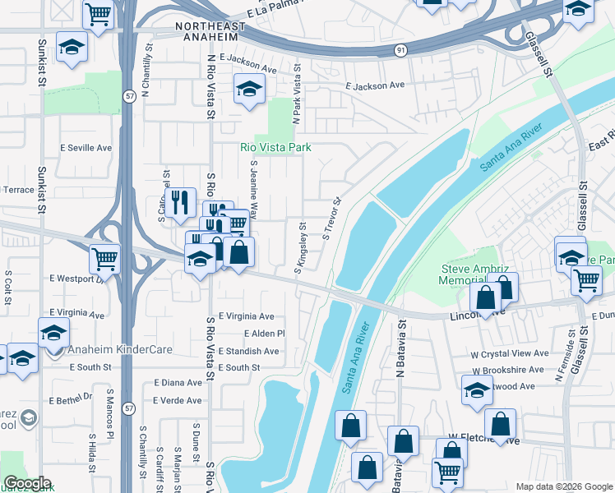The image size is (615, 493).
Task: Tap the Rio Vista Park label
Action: pyautogui.click(x=275, y=148)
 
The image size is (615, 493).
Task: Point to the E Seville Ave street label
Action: pyautogui.click(x=86, y=148)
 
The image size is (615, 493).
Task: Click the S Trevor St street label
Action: pyautogui.click(x=331, y=219)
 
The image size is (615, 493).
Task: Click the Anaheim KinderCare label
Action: pyautogui.click(x=120, y=349)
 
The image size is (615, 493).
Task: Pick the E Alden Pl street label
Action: pyautogui.click(x=264, y=334)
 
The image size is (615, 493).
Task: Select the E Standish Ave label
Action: pyautogui.click(x=248, y=351)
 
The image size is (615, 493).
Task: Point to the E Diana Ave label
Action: pyautogui.click(x=178, y=383)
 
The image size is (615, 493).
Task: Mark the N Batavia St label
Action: pyautogui.click(x=400, y=353)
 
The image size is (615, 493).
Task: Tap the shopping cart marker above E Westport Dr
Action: pyautogui.click(x=105, y=258)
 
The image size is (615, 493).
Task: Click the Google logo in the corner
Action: pyautogui.click(x=27, y=483)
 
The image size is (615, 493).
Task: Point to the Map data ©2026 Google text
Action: pyautogui.click(x=562, y=486)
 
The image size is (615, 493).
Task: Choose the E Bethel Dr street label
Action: pyautogui.click(x=70, y=398)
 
